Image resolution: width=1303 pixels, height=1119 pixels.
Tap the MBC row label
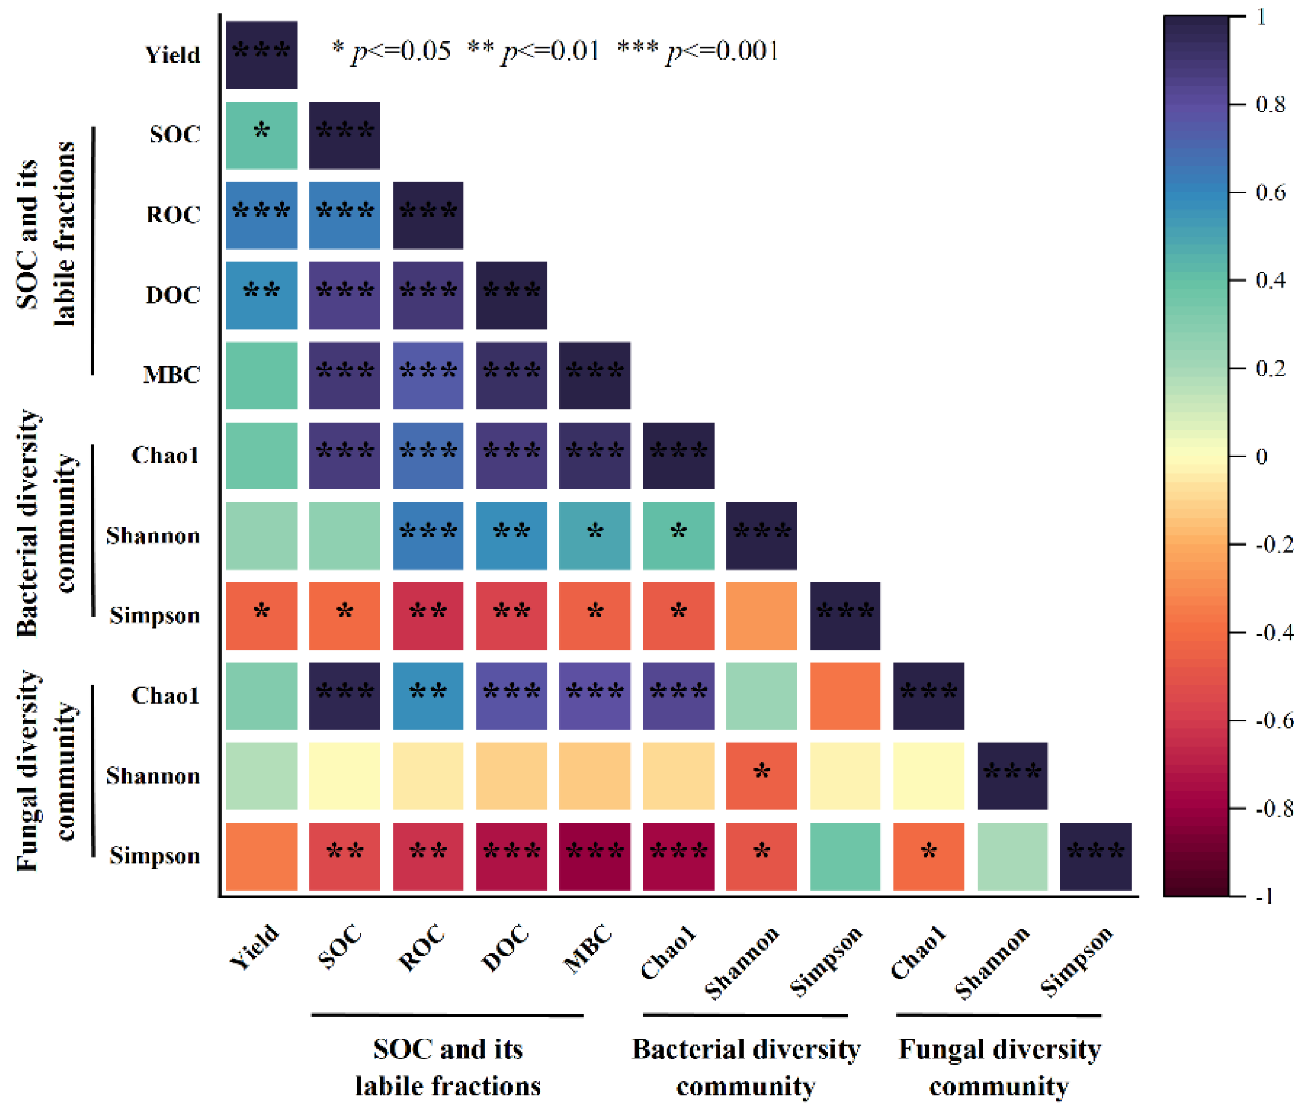[x=171, y=375]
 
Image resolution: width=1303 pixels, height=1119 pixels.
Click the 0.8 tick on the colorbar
[x=1269, y=104]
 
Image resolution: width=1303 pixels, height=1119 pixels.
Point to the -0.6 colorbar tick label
[x=1273, y=721]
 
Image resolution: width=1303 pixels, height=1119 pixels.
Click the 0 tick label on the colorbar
[x=1261, y=456]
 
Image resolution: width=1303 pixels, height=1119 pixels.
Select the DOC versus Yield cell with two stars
[x=262, y=295]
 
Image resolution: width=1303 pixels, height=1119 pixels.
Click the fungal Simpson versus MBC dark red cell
[x=594, y=856]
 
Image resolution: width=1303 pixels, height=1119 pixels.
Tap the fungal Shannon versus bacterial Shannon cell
[x=761, y=776]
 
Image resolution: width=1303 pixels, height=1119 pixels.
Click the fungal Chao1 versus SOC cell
[x=345, y=696]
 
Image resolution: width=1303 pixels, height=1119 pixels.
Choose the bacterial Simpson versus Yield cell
[x=262, y=615]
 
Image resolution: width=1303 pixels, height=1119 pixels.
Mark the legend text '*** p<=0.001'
[x=698, y=50]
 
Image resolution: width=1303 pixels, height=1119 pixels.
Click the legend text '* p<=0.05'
[x=391, y=50]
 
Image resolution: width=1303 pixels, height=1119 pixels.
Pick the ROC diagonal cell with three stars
[x=429, y=215]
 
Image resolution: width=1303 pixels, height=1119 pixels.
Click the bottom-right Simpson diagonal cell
[x=1096, y=856]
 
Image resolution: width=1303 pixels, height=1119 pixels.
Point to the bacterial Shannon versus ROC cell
[x=429, y=535]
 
